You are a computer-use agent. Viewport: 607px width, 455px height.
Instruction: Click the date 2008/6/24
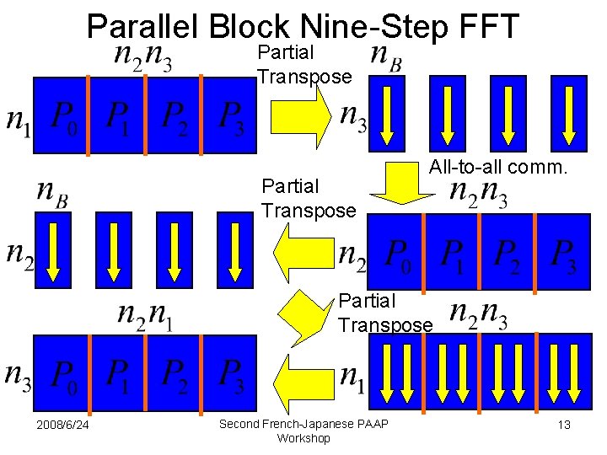tap(63, 425)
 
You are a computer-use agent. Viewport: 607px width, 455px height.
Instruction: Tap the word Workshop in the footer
tap(303, 438)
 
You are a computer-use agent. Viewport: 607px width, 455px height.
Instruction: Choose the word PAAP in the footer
tap(373, 423)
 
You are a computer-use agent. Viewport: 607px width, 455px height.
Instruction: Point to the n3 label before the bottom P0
tap(18, 376)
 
